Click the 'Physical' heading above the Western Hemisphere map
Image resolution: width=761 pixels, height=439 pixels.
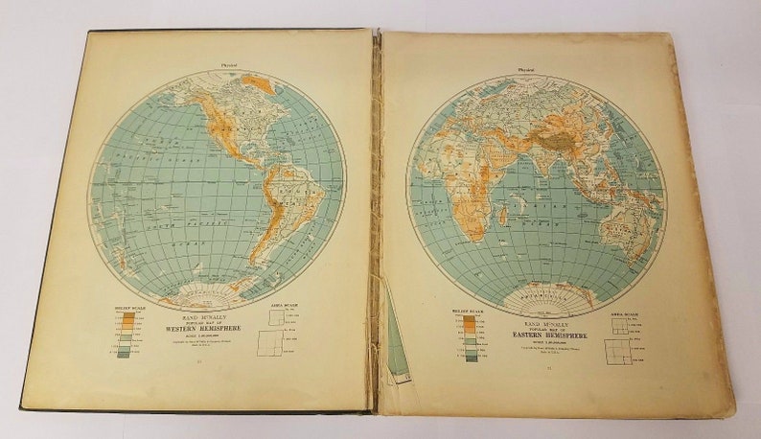pos(229,65)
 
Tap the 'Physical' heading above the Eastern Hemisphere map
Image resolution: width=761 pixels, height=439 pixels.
pos(528,69)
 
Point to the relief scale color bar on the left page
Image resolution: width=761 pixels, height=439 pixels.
pos(124,334)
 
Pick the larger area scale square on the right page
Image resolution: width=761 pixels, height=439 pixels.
pos(615,356)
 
